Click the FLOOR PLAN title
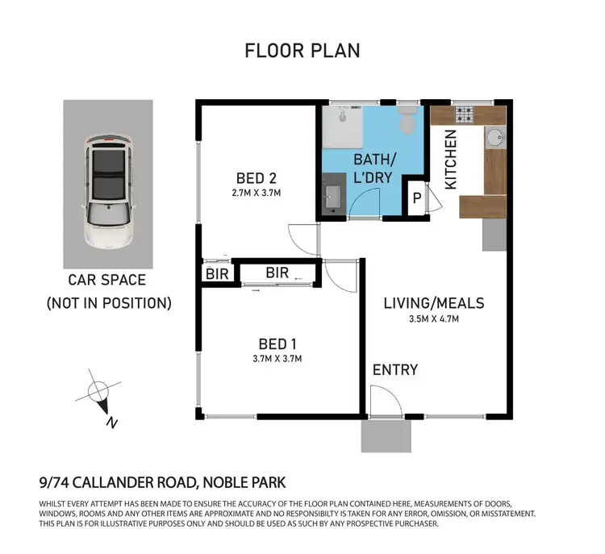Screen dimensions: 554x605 pos(302,50)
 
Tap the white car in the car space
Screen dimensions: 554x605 pos(108,190)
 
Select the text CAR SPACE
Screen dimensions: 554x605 pos(108,281)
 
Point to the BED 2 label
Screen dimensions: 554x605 pos(258,177)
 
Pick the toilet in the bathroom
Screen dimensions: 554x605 pos(408,122)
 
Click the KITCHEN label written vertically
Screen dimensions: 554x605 pos(452,160)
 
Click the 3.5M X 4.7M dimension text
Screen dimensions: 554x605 pos(434,319)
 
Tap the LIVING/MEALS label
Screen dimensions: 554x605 pos(434,303)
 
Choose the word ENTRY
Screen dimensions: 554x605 pos(395,370)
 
